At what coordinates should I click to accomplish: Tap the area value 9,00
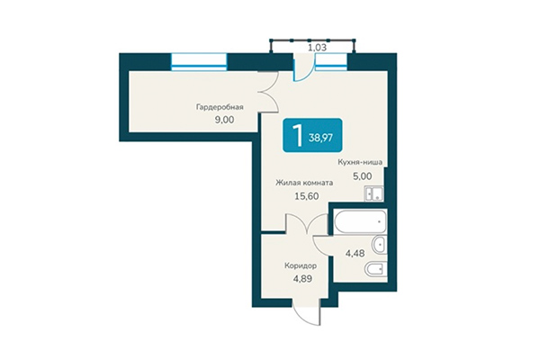tap(220, 118)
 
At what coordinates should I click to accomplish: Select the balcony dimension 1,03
tap(317, 47)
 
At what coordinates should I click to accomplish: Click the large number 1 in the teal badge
tap(294, 138)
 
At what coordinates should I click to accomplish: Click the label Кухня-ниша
tap(360, 163)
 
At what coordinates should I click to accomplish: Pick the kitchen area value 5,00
tap(360, 176)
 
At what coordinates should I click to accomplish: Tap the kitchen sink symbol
tap(373, 193)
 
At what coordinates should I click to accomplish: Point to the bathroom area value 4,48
tap(357, 253)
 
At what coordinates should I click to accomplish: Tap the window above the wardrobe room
tap(197, 61)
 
